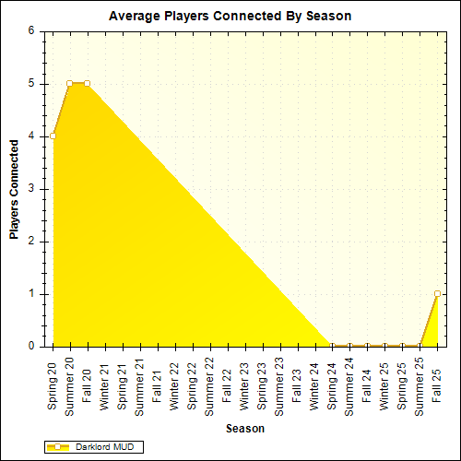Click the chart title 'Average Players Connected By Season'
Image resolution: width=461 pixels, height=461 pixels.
coord(230,16)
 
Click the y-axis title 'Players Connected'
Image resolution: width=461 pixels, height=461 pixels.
coord(15,189)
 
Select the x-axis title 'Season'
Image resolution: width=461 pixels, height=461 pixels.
coord(244,429)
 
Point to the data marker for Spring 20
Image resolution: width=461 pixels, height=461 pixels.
coord(53,136)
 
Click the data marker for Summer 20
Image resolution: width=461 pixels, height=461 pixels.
coord(70,83)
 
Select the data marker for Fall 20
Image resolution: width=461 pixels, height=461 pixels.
coord(88,83)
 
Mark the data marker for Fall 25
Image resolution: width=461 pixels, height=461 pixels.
coord(437,294)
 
